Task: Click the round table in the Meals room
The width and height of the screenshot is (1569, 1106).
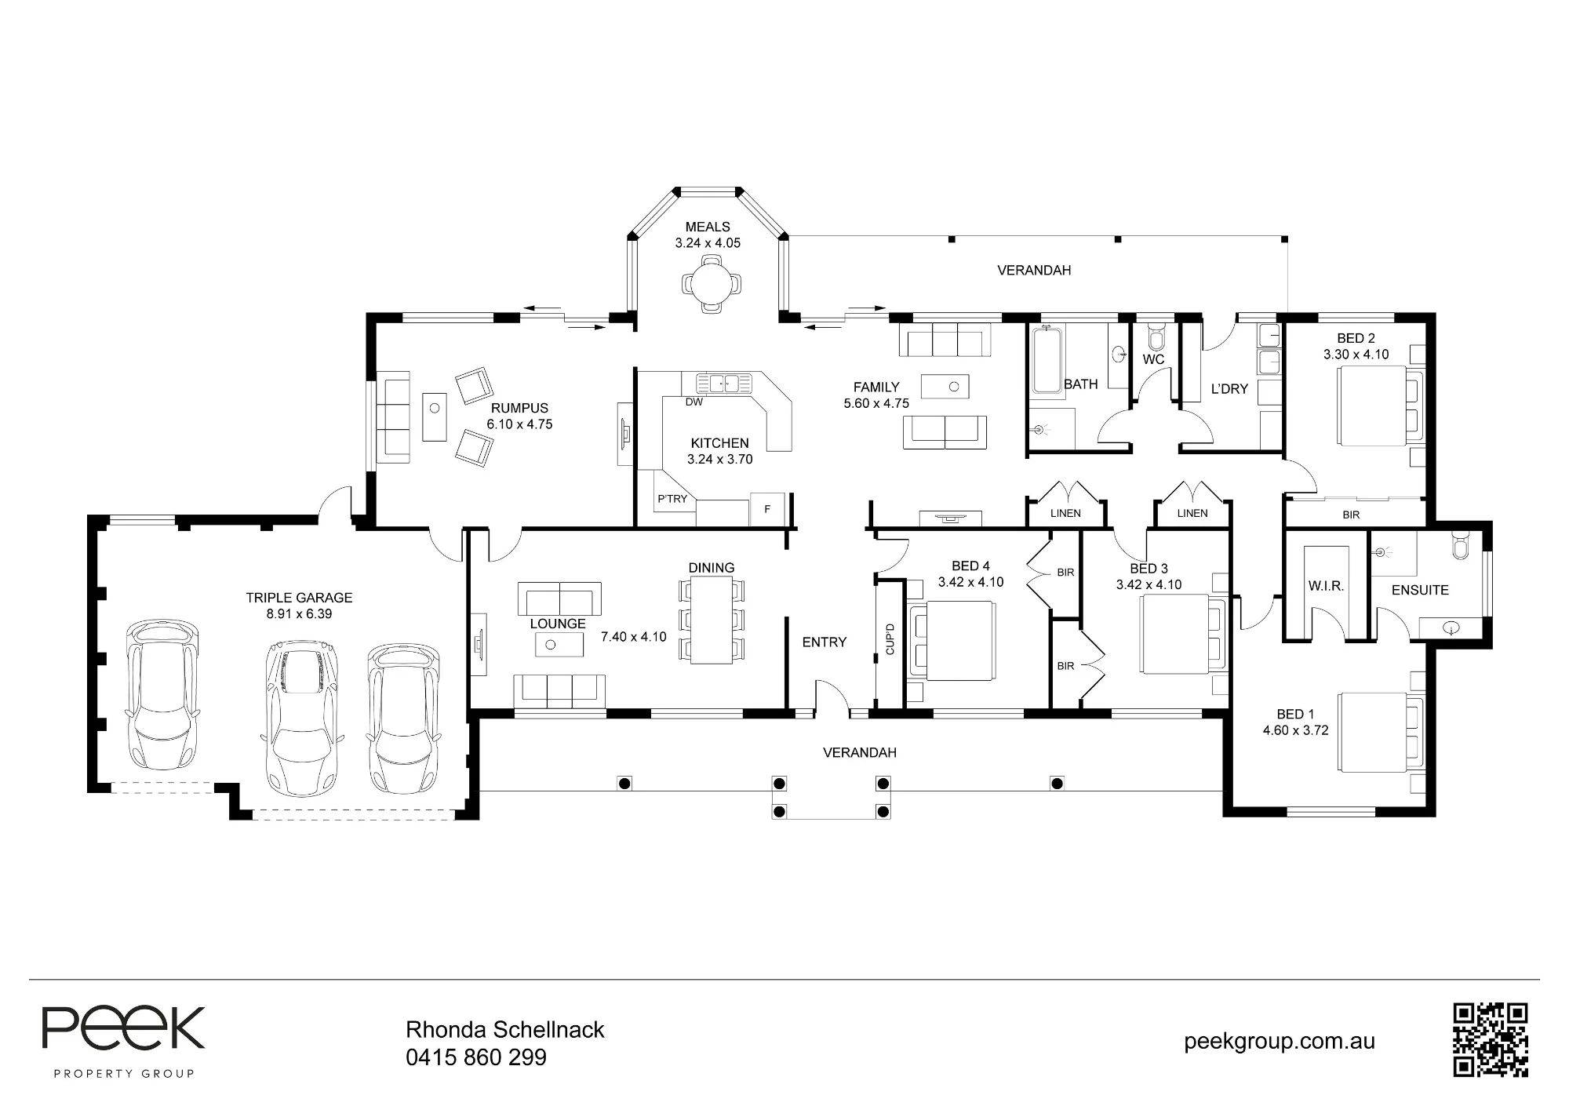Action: [x=711, y=286]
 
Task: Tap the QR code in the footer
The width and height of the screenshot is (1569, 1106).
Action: [x=1491, y=1039]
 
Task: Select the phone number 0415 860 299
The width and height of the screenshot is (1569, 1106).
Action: [x=476, y=1057]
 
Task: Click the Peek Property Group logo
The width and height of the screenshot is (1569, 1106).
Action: [x=123, y=1042]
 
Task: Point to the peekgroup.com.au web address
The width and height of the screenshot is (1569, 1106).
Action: [x=1280, y=1042]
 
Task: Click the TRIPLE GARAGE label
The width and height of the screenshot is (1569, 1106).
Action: [x=299, y=598]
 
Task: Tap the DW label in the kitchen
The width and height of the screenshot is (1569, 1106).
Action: [x=694, y=402]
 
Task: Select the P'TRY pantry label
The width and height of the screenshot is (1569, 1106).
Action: [x=672, y=499]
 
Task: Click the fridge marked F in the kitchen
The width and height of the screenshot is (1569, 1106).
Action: [x=767, y=509]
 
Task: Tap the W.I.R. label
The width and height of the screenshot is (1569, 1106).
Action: [x=1326, y=586]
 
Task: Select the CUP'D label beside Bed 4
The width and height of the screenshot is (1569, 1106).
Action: [x=890, y=639]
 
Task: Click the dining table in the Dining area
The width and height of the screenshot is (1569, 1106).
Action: [x=712, y=620]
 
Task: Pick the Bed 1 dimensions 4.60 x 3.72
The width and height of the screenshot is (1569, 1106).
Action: [x=1295, y=730]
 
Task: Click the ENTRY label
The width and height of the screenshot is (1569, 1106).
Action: [x=824, y=642]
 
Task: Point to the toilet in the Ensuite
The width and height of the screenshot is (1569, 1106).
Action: [x=1459, y=545]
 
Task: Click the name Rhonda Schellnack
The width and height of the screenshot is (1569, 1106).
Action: [x=505, y=1030]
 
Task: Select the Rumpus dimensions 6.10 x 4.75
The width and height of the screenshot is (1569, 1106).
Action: [x=519, y=424]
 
